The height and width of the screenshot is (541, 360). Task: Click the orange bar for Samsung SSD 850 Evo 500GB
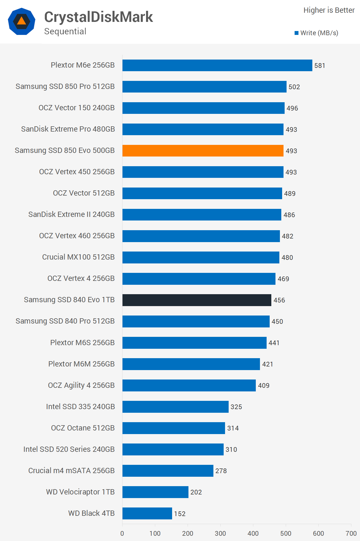coord(203,151)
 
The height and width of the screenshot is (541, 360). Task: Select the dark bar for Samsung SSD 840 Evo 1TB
coord(197,300)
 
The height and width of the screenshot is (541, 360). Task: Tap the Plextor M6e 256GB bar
coord(217,65)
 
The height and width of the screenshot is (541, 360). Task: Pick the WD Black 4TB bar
coord(147,513)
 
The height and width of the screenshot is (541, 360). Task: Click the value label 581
coord(320,66)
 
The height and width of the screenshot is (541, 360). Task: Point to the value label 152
coord(180,514)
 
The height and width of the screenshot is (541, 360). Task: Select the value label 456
coord(279,300)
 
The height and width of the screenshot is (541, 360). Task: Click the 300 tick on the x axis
coord(220,533)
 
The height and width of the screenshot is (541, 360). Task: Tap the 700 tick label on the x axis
coord(351,533)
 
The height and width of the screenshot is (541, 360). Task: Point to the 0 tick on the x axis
coord(122,533)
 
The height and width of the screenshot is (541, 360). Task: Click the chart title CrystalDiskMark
coord(98,17)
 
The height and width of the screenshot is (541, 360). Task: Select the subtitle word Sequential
coord(65,31)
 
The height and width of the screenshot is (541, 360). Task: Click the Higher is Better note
coord(329,10)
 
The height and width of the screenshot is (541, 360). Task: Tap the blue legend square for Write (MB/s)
coord(296,33)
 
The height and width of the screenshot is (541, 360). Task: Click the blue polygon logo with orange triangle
coord(22,21)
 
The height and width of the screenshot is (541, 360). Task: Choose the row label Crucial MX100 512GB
coord(78,257)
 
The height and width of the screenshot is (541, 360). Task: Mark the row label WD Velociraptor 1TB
coord(80,492)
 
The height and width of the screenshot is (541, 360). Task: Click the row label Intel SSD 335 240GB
coord(80,407)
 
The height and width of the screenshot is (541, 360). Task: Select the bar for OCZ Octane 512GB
coord(173,428)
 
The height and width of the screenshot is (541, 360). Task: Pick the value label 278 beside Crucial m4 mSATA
coord(221,471)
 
